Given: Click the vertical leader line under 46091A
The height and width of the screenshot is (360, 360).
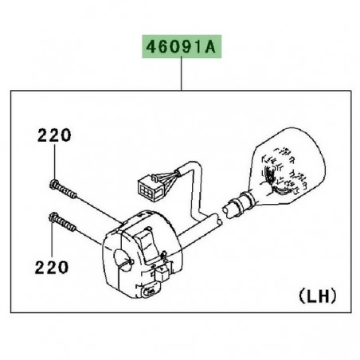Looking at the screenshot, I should (182, 75).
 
